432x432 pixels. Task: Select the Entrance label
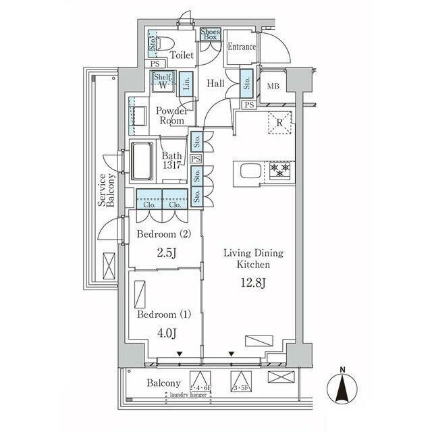point(241,47)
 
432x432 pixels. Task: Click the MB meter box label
point(273,86)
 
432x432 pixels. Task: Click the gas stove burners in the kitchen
point(279,171)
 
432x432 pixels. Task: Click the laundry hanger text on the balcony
point(188,395)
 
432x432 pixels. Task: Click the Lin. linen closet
point(187,84)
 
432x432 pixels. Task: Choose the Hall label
point(216,84)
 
